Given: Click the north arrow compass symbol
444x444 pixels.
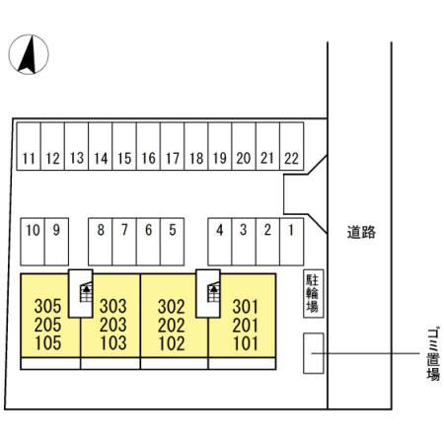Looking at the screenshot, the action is (29, 54).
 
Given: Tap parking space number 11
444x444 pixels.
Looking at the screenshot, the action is (29, 146).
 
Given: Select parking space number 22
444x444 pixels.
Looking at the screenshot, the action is (291, 146).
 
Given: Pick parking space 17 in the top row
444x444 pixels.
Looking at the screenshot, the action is (173, 146).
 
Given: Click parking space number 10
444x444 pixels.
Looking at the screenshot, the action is (33, 242).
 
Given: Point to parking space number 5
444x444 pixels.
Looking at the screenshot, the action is (173, 242).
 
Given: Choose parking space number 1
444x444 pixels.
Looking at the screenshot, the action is (291, 242).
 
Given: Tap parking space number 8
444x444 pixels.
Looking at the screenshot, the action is (101, 242).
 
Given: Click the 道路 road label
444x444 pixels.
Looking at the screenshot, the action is (361, 233).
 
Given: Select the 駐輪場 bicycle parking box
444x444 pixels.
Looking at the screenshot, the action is (314, 293).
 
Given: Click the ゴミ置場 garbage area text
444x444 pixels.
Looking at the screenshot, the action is (433, 354).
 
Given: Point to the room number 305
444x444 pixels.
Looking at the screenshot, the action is (47, 306).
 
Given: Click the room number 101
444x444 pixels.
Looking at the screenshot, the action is (246, 343).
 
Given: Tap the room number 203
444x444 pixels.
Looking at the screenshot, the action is (113, 325).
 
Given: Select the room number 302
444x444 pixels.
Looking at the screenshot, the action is (172, 307).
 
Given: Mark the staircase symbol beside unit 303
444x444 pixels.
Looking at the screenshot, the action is (87, 292).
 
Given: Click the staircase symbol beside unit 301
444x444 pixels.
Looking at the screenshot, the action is (214, 292).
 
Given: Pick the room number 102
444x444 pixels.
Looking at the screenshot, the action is (172, 343).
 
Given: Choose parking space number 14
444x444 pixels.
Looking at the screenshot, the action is (101, 146).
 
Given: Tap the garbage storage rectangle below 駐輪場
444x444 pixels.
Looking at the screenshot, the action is (314, 353).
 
